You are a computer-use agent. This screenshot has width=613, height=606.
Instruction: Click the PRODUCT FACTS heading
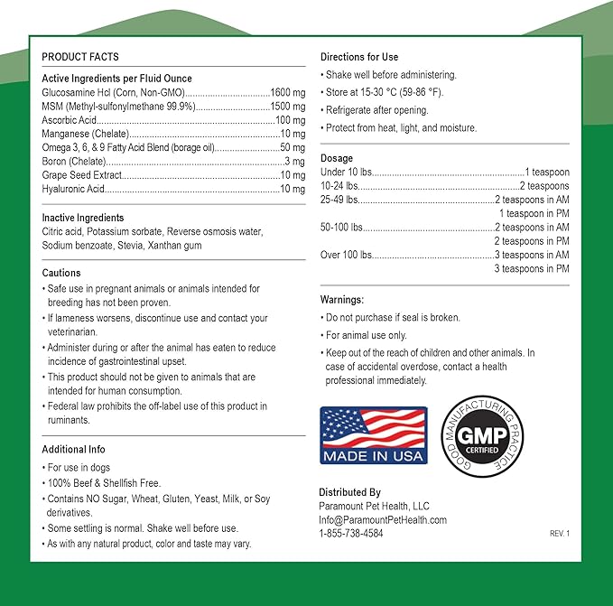(80, 57)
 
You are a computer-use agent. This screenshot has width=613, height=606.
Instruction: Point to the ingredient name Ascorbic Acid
(69, 120)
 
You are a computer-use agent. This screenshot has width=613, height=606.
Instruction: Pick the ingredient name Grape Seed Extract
(79, 175)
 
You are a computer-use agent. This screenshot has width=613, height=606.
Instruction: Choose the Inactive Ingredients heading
(83, 218)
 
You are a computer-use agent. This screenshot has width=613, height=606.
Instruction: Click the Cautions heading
(61, 273)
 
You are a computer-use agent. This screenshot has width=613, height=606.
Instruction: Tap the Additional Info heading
(74, 449)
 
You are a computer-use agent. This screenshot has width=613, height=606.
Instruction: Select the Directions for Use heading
(359, 57)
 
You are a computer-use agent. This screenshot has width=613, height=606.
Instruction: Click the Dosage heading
(337, 158)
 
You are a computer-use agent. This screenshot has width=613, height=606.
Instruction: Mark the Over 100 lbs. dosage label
(346, 255)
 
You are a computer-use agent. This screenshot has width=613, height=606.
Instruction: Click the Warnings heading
(342, 299)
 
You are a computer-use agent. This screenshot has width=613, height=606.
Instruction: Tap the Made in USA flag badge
(374, 435)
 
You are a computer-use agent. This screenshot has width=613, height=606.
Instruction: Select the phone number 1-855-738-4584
(351, 534)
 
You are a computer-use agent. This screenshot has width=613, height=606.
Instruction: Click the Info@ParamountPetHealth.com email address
(383, 520)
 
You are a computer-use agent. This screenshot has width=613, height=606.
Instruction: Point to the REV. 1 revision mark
(560, 534)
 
